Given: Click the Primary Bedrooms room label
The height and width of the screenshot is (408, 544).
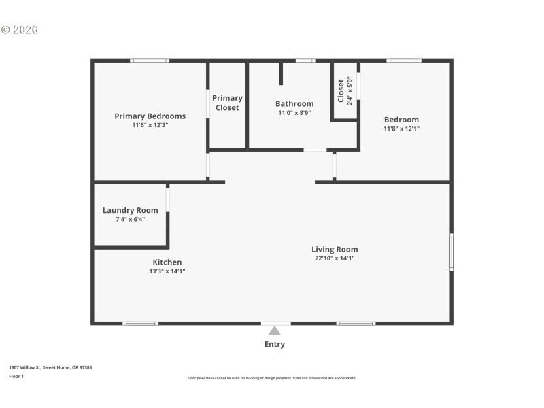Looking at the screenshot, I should point(150,116).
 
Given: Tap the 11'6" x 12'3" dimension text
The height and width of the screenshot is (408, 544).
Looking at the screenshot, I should point(150,126).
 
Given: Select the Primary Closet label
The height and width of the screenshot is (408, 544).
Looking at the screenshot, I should point(227,103).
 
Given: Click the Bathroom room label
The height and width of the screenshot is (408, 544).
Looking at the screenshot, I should point(294,104).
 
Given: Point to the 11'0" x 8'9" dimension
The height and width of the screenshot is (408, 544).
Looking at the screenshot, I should point(294,114).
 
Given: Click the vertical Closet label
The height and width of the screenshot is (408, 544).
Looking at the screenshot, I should point(341,92).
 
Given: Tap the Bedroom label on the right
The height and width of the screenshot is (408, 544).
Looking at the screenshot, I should point(401,120).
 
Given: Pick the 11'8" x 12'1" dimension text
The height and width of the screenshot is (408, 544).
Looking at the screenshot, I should point(401,129).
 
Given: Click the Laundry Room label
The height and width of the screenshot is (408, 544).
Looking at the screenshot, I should point(130,210).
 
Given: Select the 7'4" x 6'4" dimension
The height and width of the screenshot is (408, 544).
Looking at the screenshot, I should point(130,219).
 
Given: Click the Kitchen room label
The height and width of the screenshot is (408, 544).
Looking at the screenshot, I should point(167,262).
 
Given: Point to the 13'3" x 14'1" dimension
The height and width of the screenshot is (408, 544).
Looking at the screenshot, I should point(167,271).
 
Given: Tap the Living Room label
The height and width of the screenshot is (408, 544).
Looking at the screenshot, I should point(335,250).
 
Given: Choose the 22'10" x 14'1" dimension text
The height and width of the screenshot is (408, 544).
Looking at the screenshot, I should point(335,258).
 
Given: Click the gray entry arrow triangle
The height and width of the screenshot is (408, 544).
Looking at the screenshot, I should point(274,331).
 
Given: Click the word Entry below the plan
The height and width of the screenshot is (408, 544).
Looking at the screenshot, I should point(275,344).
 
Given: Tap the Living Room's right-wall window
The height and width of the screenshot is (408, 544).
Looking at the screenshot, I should point(451,253).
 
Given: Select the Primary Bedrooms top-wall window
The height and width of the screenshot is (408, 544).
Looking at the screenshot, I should point(150,61).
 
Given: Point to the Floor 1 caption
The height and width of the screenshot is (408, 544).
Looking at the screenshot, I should point(16,376).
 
